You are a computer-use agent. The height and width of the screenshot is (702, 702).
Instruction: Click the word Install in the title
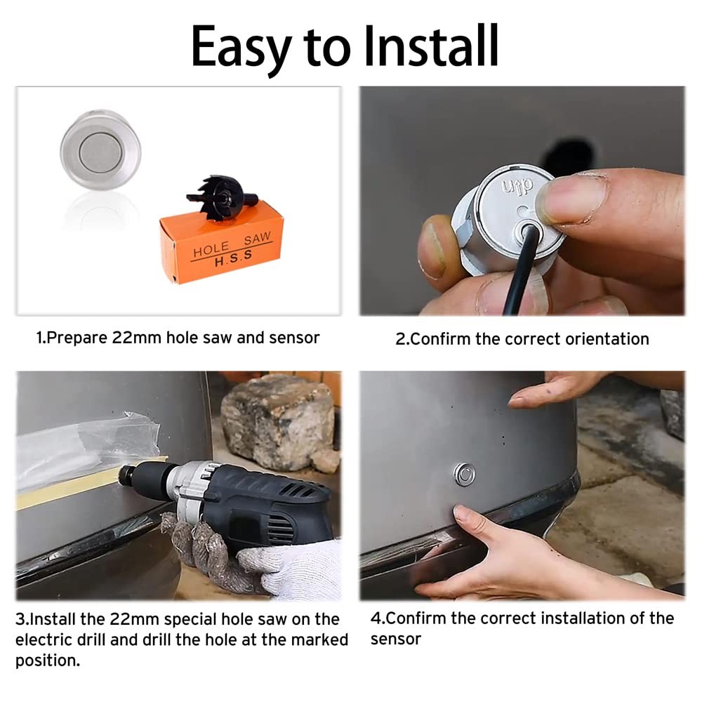click(x=430, y=46)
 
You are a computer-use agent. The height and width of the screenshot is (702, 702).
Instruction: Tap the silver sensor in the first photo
click(x=100, y=150)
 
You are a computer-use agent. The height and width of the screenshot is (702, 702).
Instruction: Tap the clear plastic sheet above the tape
click(x=84, y=446)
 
